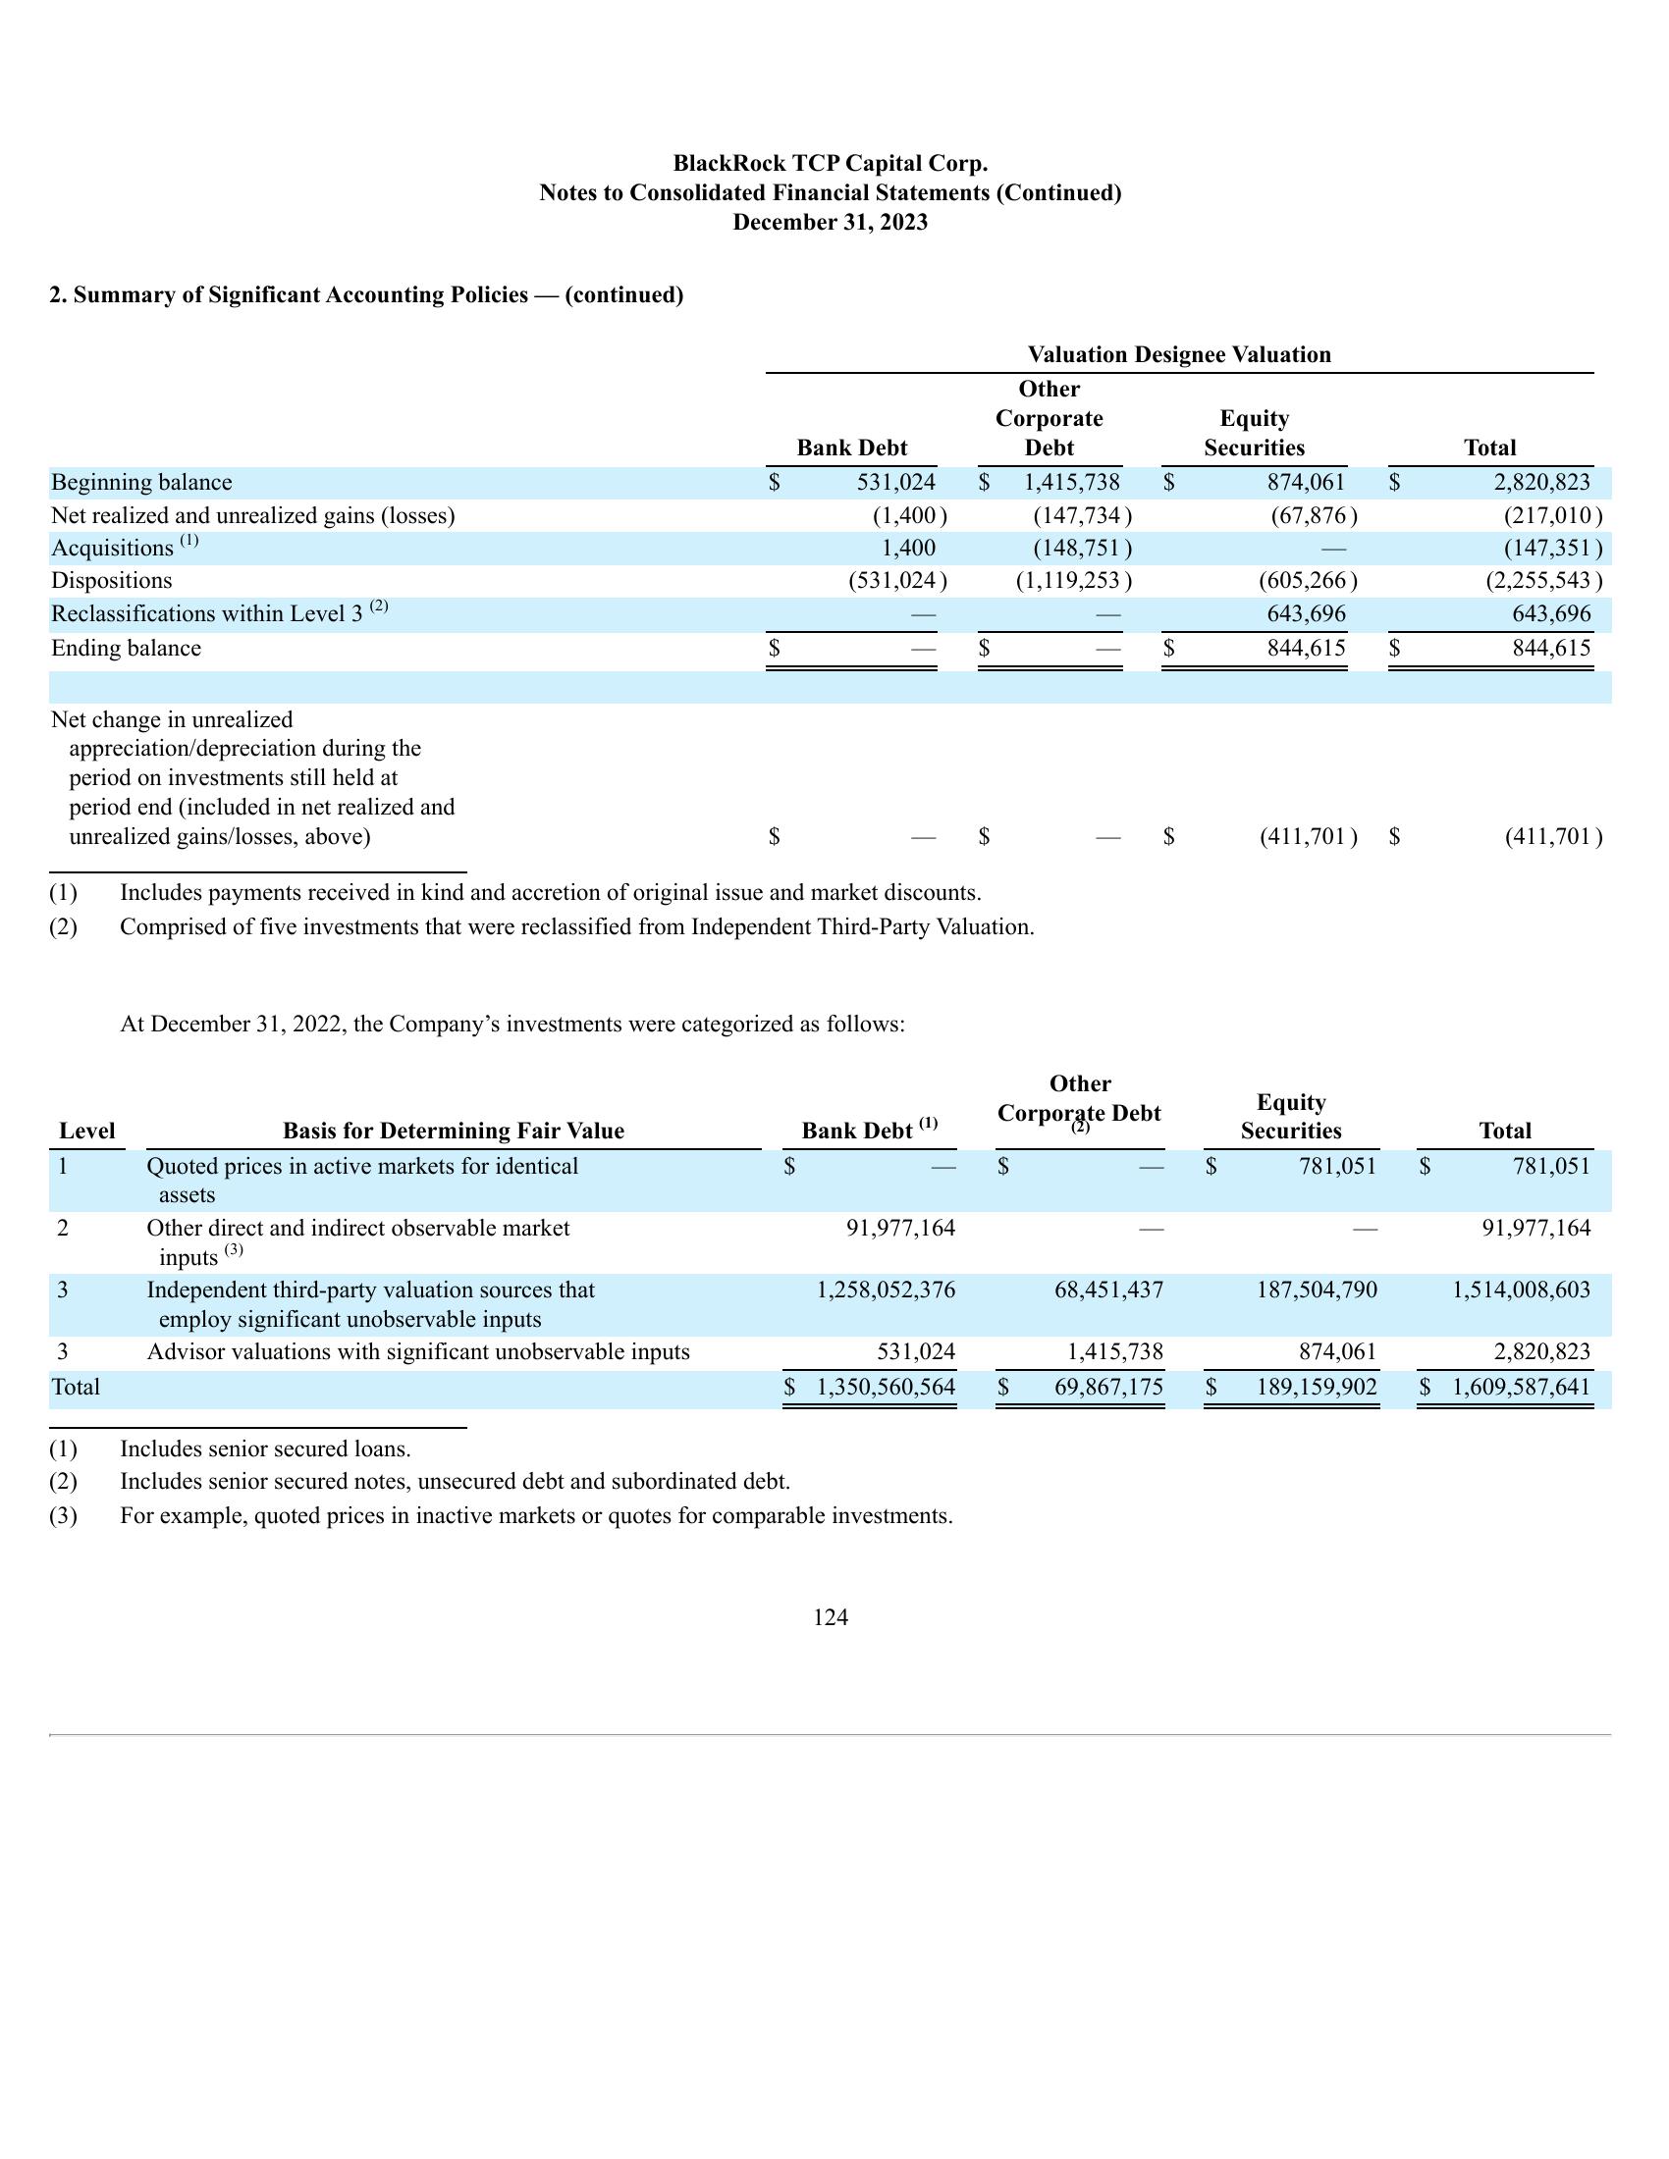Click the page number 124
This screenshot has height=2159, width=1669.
tap(830, 1617)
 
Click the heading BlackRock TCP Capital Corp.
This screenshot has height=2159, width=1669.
tap(830, 163)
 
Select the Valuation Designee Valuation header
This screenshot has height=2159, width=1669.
tap(1178, 355)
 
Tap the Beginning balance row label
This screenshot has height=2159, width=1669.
tap(141, 483)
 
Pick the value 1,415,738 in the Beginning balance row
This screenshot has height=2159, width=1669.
tap(1072, 483)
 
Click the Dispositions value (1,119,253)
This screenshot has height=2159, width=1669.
tap(1074, 580)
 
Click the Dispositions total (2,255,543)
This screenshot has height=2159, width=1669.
tap(1543, 580)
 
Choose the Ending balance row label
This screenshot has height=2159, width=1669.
tap(126, 649)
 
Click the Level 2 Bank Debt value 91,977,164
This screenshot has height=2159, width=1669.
tap(900, 1229)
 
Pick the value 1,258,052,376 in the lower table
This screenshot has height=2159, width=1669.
tap(886, 1290)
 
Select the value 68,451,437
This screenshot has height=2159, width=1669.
tap(1108, 1290)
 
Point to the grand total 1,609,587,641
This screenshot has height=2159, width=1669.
tap(1521, 1387)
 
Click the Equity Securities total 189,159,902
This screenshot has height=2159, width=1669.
tap(1316, 1387)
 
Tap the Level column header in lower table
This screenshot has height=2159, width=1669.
tap(87, 1131)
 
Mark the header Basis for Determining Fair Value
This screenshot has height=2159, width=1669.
tap(453, 1131)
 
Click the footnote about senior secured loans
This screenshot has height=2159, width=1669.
tap(265, 1449)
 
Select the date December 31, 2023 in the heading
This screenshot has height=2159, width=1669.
tap(830, 223)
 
